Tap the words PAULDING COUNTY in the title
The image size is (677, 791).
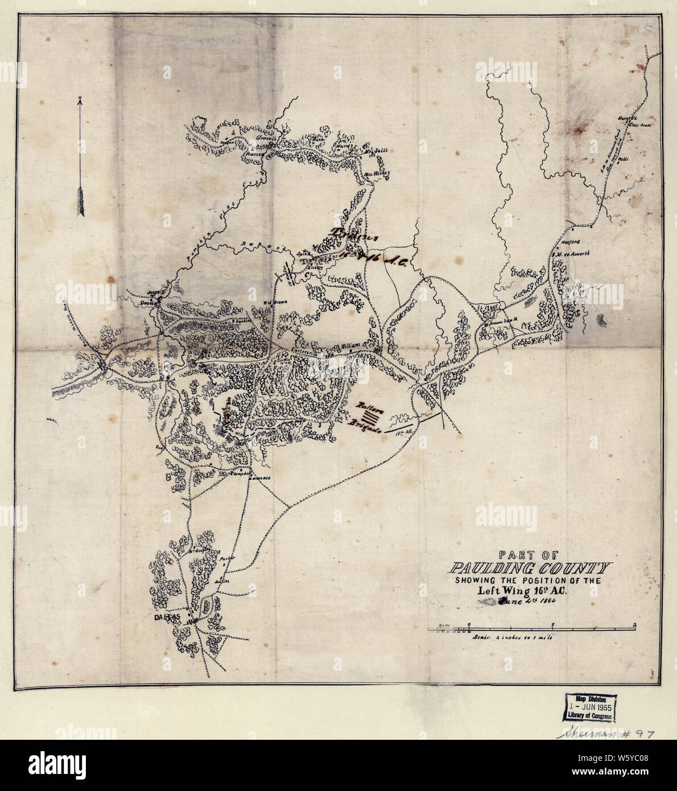pos(529,568)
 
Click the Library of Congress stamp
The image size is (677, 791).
pos(589,707)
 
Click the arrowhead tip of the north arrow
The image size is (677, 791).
pos(80,100)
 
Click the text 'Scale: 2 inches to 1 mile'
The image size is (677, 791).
pos(512,638)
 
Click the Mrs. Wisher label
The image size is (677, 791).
pos(374,169)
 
